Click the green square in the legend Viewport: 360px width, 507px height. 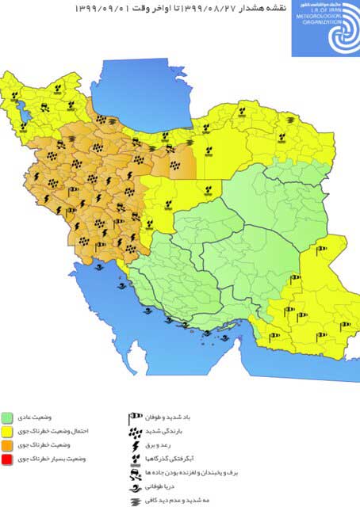coord(7,417)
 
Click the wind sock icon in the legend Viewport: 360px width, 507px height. coord(136,417)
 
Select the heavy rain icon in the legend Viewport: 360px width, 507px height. coord(135,431)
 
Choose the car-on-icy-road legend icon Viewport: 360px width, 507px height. coord(136,472)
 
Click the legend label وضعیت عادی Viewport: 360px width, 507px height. coord(37,417)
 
